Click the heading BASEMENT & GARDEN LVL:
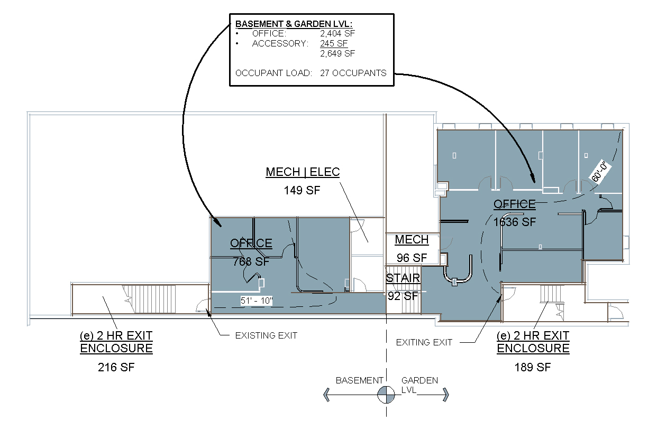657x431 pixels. [294, 24]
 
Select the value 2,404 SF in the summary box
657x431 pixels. [337, 34]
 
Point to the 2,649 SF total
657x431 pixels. [337, 54]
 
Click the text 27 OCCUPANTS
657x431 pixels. [353, 73]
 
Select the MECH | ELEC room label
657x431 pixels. [303, 172]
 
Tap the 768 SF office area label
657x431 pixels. [251, 261]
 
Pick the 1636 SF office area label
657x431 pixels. [515, 222]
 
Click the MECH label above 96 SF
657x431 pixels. [412, 240]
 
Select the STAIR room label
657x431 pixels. [403, 278]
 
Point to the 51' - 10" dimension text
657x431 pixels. [257, 301]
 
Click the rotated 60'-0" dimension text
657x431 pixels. [603, 172]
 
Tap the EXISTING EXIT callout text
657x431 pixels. [266, 335]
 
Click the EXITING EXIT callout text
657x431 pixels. [424, 342]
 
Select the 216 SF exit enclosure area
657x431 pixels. [116, 367]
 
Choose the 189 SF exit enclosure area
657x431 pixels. [533, 367]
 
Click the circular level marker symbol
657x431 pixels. [386, 395]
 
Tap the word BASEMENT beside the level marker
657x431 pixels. [359, 380]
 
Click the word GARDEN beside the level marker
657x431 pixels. [419, 380]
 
